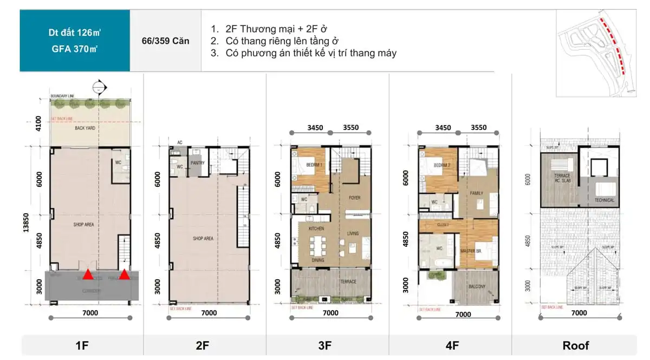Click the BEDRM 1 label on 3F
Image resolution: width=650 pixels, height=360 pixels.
(314, 165)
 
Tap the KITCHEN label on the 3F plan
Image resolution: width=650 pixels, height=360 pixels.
(316, 229)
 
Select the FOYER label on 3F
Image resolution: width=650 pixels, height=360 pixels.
(354, 198)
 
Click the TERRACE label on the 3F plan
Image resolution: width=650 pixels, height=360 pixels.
(348, 282)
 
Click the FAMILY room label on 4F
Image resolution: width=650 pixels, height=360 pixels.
(477, 193)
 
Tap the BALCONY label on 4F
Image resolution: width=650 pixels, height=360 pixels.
(474, 286)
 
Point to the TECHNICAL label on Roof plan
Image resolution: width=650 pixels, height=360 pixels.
(604, 200)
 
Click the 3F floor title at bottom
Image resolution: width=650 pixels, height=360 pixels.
(325, 345)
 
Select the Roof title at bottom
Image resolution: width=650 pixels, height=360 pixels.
(576, 345)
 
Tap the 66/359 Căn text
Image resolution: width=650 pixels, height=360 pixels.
(166, 41)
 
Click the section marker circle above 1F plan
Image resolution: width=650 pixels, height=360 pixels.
(98, 86)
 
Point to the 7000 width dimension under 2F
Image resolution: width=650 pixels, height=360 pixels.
(209, 312)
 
